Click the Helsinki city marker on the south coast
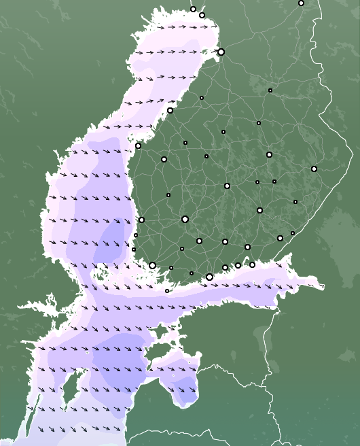point(209,277)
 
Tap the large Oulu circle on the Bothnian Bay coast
point(221,52)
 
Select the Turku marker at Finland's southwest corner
point(152,265)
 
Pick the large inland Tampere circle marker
point(185,219)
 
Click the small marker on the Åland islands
point(167,291)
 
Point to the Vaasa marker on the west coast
point(138,145)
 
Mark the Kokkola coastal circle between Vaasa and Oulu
point(170,110)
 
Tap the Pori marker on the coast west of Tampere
point(141,220)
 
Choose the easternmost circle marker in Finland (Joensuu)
point(314,169)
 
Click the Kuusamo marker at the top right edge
point(301,3)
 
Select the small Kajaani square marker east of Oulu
point(270,90)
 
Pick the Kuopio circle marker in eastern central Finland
point(269,154)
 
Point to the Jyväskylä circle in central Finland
point(227,186)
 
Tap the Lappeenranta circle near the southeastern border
point(280,238)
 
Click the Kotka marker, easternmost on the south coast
point(252,264)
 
